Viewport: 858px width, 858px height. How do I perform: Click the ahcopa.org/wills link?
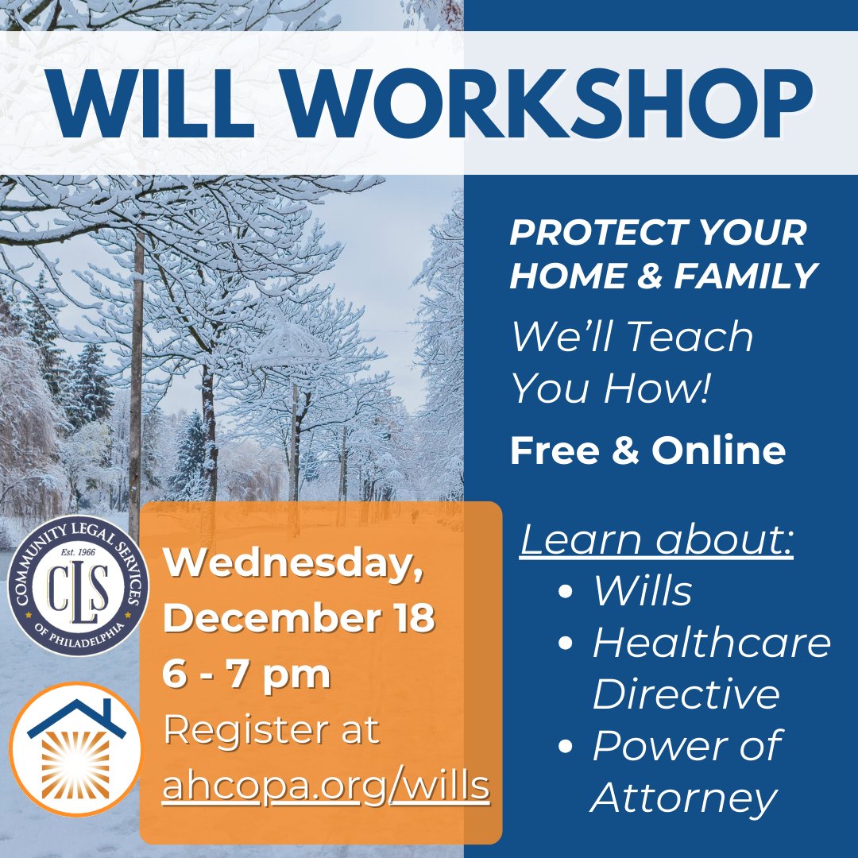tap(326, 786)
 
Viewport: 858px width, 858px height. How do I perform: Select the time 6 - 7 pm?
tap(246, 674)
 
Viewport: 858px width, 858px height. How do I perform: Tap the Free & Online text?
tap(647, 450)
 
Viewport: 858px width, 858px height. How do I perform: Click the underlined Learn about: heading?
tap(656, 540)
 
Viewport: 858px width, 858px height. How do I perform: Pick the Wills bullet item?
tap(642, 591)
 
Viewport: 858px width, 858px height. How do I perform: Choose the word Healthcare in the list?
tap(711, 643)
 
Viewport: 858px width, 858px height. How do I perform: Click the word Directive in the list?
tap(686, 694)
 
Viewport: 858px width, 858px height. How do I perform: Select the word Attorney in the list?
tap(684, 798)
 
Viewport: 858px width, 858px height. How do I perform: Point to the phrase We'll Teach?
tap(632, 336)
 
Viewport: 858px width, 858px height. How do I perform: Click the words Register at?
tap(271, 730)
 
